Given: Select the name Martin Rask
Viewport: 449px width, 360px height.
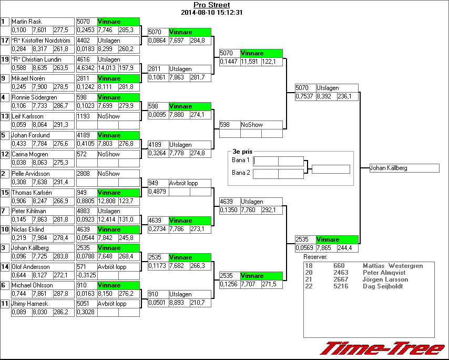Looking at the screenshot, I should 26,22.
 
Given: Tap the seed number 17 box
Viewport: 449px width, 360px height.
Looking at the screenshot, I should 5,41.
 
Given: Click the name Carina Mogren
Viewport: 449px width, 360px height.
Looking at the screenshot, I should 29,154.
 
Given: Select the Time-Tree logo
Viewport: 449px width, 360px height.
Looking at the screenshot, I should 383,348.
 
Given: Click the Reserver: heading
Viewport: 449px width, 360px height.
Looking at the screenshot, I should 315,257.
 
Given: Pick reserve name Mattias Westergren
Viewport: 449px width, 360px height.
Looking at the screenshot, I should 393,266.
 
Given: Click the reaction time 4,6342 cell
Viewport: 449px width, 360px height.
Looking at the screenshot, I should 86,68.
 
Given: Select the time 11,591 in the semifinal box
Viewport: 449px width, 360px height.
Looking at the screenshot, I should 251,62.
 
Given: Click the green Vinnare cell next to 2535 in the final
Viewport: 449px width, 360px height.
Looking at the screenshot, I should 336,239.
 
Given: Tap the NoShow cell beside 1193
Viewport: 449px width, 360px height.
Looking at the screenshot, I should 108,116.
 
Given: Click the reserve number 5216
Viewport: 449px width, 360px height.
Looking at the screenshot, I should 341,286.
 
